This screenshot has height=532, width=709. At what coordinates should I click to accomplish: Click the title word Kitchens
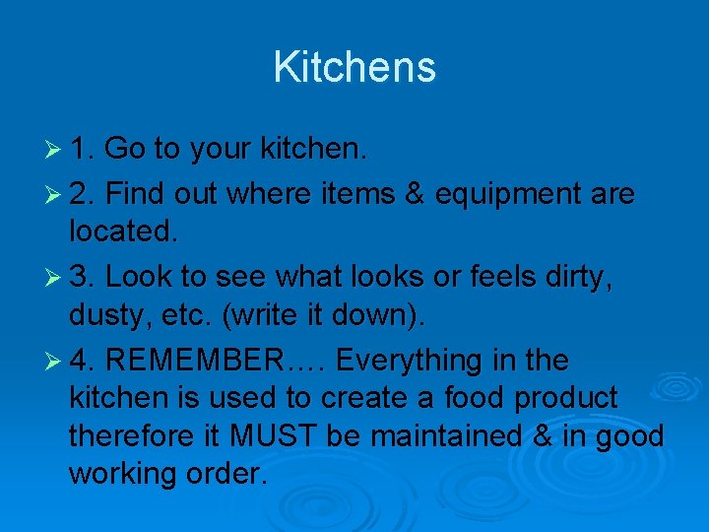point(354,67)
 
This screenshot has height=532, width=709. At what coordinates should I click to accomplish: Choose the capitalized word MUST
point(279,435)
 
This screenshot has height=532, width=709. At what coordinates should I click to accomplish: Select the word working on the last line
point(127,474)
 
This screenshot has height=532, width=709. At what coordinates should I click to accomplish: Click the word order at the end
point(230,473)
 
